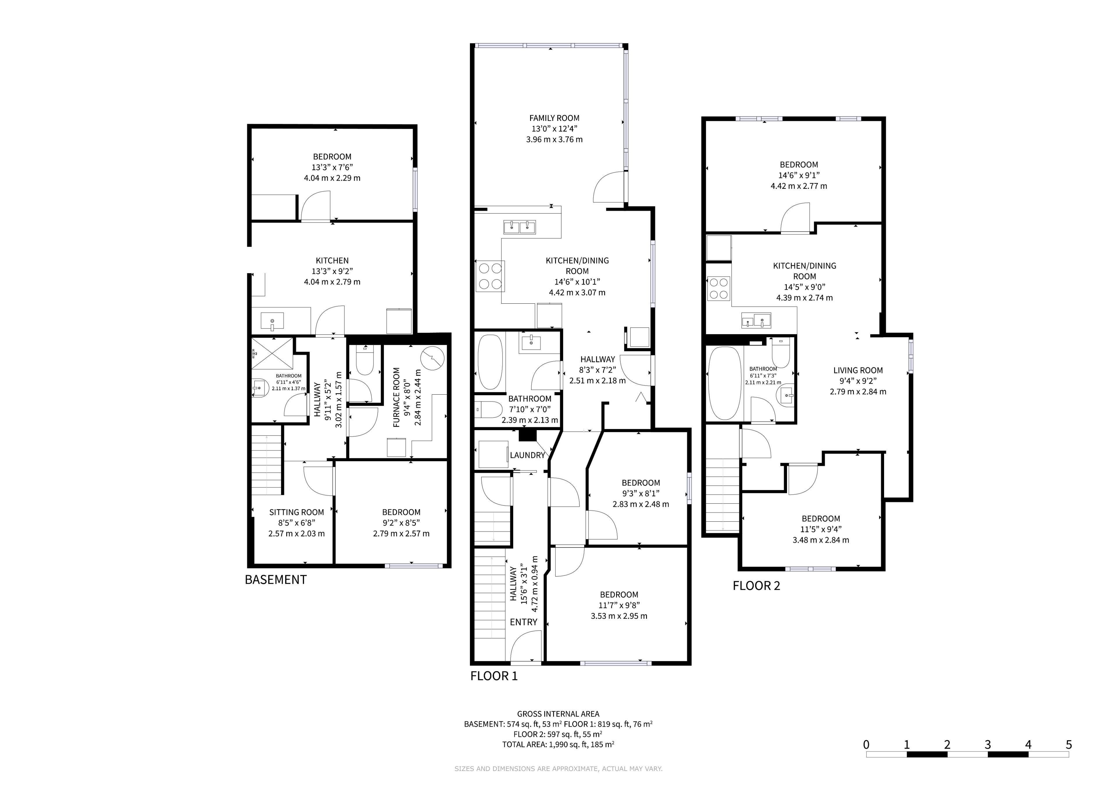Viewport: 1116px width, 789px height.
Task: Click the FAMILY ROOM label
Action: [x=554, y=118]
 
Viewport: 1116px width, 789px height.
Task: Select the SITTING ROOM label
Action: [x=296, y=512]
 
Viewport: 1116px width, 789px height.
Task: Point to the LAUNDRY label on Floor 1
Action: [x=527, y=455]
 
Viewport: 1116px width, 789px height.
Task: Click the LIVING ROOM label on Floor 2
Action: [x=858, y=371]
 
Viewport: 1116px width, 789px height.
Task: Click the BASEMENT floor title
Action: [x=276, y=580]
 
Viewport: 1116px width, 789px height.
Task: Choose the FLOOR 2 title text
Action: [x=756, y=586]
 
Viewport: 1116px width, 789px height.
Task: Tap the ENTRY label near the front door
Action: [x=523, y=622]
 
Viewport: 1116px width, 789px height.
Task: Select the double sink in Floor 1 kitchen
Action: [x=520, y=227]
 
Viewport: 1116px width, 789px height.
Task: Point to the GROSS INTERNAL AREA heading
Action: [x=558, y=714]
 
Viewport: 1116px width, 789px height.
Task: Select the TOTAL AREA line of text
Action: [x=558, y=744]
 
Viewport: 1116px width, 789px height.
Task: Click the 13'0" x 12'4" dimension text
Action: [x=554, y=129]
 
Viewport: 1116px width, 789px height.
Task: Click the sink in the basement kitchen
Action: [x=272, y=321]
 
